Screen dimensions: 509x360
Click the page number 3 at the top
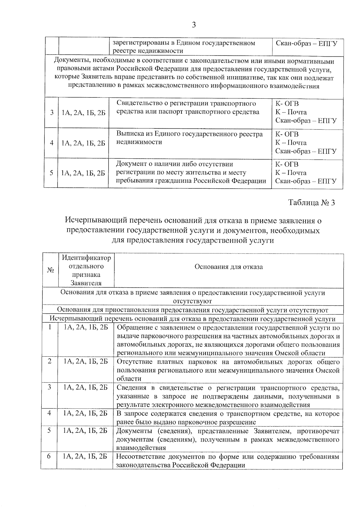[194, 25]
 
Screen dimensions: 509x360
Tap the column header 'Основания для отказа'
[229, 267]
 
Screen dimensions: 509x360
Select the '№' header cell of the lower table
[50, 270]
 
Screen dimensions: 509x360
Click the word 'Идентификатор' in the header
[86, 258]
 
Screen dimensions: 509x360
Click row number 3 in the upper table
[52, 113]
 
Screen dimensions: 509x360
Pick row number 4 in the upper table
[52, 143]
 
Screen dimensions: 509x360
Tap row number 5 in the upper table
[52, 173]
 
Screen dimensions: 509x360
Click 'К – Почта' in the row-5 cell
[291, 173]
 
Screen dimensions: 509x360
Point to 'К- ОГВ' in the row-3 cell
[287, 104]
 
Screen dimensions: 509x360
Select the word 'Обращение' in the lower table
[131, 328]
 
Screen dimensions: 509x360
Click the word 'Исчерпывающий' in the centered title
[95, 221]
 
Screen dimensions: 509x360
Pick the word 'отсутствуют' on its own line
[192, 301]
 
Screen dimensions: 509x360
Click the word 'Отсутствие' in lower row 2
[131, 362]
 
